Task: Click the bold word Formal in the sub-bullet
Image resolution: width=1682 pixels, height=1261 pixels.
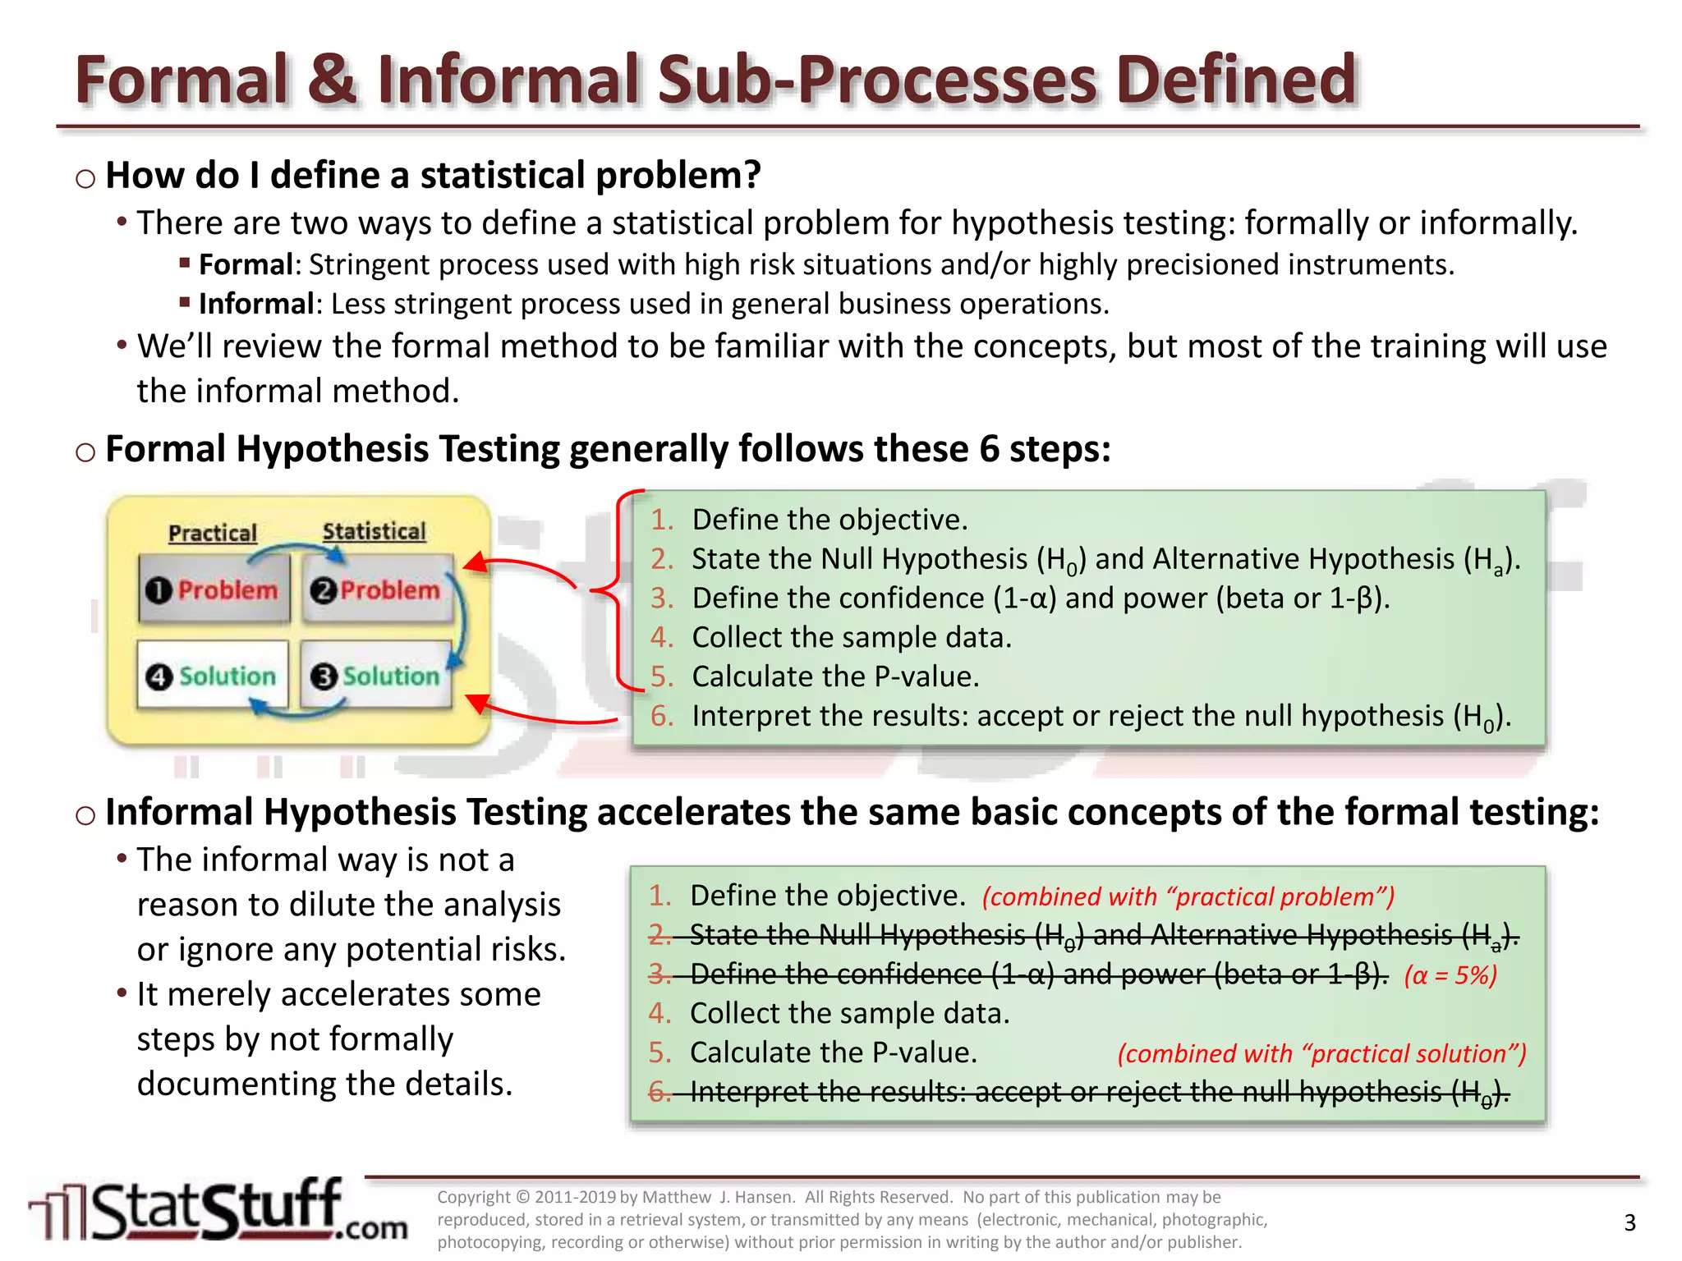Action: coord(246,265)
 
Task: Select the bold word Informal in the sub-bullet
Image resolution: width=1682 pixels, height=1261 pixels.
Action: coord(255,305)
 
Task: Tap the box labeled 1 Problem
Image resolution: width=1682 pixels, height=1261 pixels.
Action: coord(214,589)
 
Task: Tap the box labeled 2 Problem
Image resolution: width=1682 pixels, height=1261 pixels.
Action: coord(376,589)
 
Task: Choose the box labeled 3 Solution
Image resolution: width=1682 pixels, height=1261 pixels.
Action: coord(376,676)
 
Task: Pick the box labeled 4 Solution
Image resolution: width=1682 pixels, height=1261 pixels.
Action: coord(214,676)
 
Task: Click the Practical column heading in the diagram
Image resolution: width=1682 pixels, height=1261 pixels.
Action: coord(213,534)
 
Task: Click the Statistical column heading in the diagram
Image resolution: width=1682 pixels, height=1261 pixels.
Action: coord(375,532)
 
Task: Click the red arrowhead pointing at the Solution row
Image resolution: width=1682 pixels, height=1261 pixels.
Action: coord(477,704)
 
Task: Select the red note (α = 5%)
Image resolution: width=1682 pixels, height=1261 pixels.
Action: coord(1450,975)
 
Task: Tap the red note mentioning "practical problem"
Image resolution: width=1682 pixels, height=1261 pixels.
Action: coord(1188,896)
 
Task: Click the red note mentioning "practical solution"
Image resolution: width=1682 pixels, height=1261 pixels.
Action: coord(1321,1053)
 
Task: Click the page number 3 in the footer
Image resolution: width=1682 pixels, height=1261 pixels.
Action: coord(1629,1223)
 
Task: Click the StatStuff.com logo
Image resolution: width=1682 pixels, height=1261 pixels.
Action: coord(218,1211)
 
